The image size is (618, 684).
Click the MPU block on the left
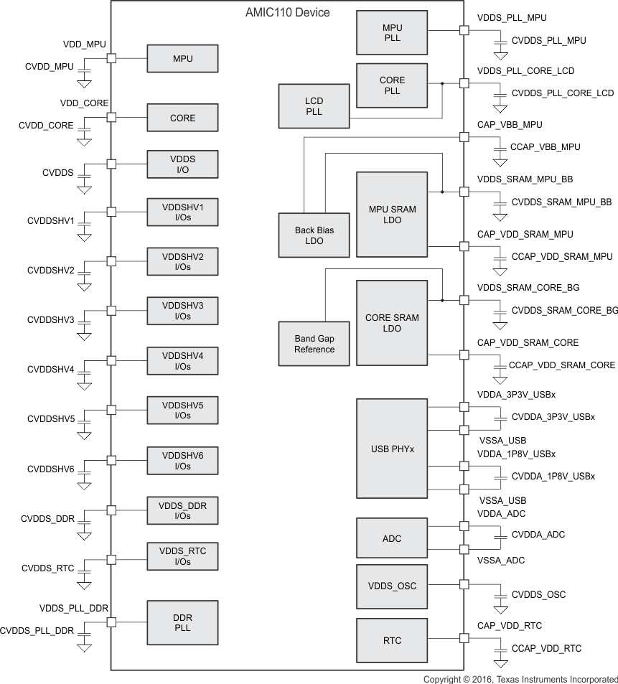pos(182,58)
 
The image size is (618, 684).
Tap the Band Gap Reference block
pos(314,344)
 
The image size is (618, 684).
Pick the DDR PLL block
pos(182,623)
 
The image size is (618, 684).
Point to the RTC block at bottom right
pos(392,640)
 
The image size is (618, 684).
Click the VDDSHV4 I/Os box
pos(182,361)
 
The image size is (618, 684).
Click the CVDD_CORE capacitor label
pos(46,126)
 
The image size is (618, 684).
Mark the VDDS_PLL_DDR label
pos(74,609)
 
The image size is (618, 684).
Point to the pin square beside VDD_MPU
pos(111,58)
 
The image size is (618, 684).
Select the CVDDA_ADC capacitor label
pos(538,535)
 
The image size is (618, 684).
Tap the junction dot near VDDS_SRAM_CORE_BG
pos(442,300)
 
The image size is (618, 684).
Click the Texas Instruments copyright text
pos(520,679)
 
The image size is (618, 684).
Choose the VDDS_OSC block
pos(392,586)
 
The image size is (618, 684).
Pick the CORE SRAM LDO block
pos(392,323)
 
